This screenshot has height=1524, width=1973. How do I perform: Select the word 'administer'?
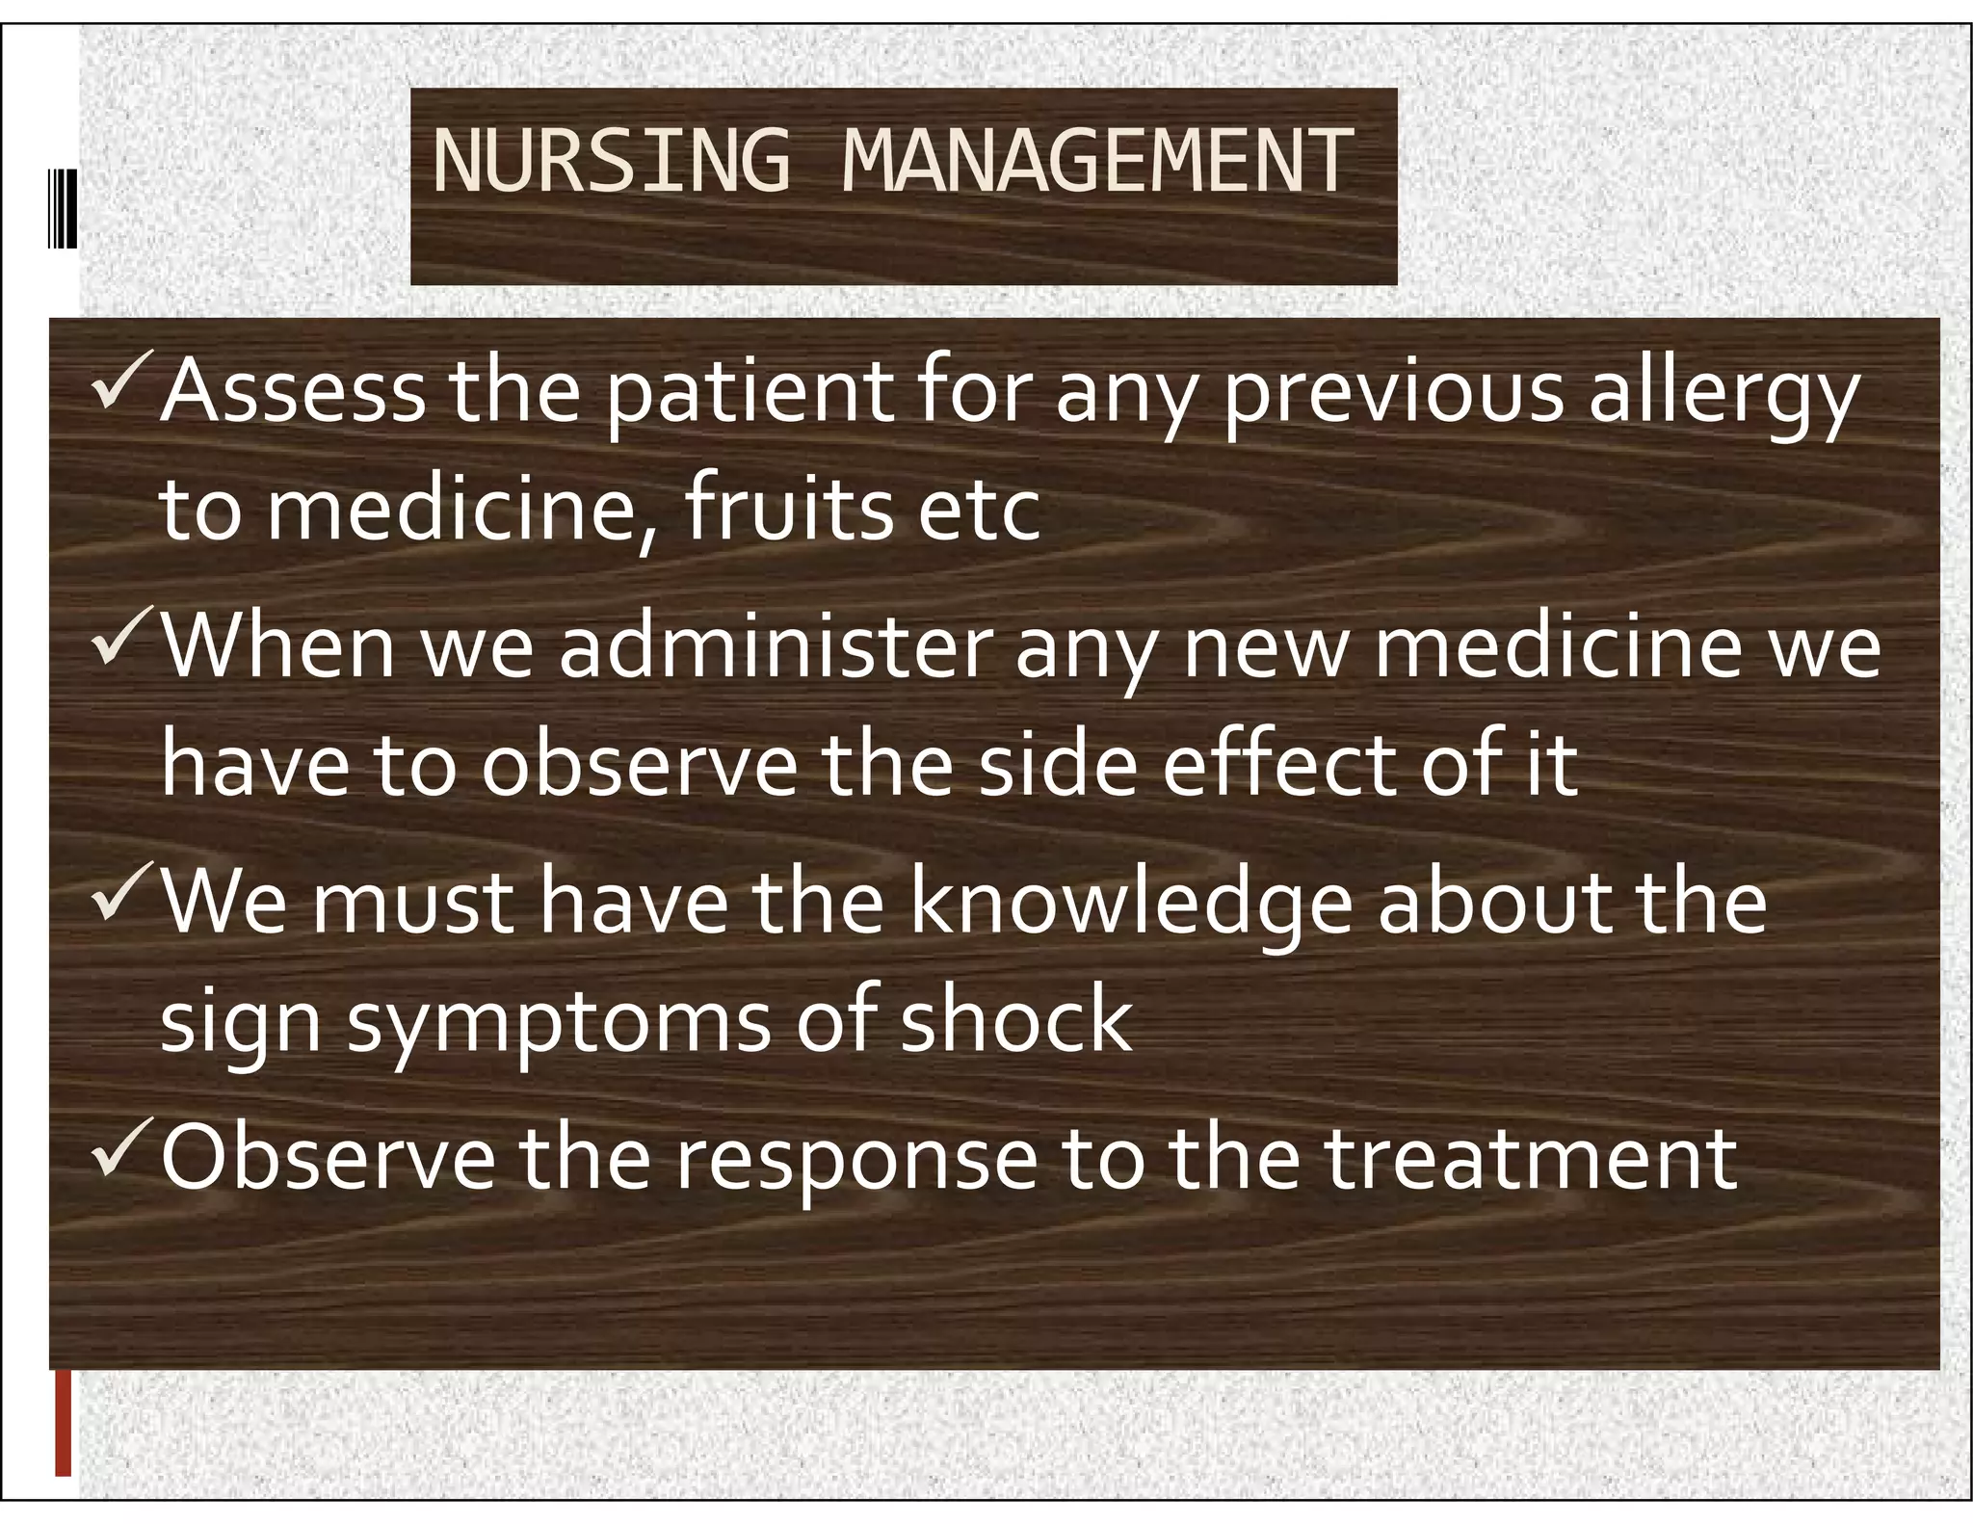[776, 647]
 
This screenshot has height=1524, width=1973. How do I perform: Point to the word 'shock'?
[1015, 1020]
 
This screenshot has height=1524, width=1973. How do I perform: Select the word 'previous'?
[1393, 395]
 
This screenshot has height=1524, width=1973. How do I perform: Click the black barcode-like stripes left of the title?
[63, 208]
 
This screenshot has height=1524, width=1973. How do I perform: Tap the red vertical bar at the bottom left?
[64, 1423]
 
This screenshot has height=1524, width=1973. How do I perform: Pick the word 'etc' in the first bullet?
[979, 511]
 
